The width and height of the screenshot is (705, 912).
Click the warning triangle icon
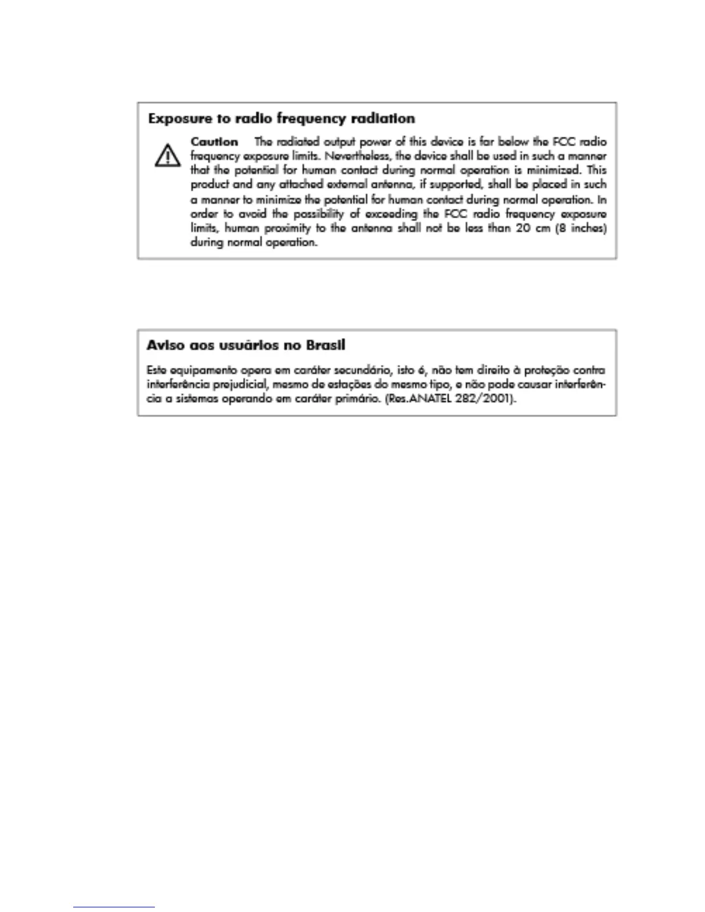[167, 155]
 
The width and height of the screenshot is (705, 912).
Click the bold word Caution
[214, 142]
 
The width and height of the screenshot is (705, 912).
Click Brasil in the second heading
[325, 345]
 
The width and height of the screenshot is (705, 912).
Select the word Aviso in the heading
[165, 345]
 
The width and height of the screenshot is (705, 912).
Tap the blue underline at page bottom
[114, 907]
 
